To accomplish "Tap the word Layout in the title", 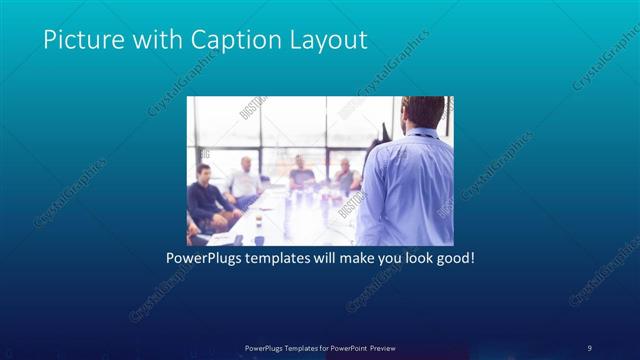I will point(329,40).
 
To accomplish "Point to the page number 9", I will point(590,346).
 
